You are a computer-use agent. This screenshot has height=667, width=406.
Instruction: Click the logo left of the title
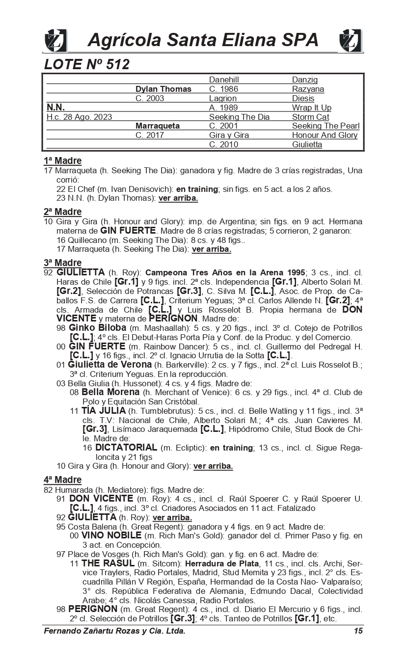click(x=55, y=40)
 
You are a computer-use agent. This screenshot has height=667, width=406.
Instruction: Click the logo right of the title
click(x=351, y=40)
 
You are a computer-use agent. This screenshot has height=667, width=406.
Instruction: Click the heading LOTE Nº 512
click(x=86, y=64)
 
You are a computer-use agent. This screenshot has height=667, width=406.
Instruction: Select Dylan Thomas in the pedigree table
click(x=163, y=89)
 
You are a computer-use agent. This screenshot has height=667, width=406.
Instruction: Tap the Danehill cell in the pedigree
click(x=224, y=80)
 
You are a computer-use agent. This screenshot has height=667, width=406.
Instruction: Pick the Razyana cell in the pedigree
click(x=308, y=89)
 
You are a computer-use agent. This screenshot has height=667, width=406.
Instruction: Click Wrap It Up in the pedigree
click(x=311, y=107)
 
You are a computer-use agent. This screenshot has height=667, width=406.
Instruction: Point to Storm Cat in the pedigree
click(x=310, y=117)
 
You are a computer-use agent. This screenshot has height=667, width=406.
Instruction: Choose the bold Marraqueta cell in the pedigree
click(x=157, y=126)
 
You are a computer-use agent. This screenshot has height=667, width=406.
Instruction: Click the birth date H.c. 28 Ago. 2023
click(x=79, y=117)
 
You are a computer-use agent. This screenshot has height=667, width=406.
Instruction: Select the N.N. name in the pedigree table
click(x=55, y=107)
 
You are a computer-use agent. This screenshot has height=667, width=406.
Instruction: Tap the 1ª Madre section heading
click(x=62, y=161)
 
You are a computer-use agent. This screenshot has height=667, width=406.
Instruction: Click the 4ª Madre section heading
click(x=62, y=480)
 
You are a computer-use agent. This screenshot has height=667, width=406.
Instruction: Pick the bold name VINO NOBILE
click(x=111, y=535)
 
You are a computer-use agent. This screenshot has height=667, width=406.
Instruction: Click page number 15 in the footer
click(x=358, y=631)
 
